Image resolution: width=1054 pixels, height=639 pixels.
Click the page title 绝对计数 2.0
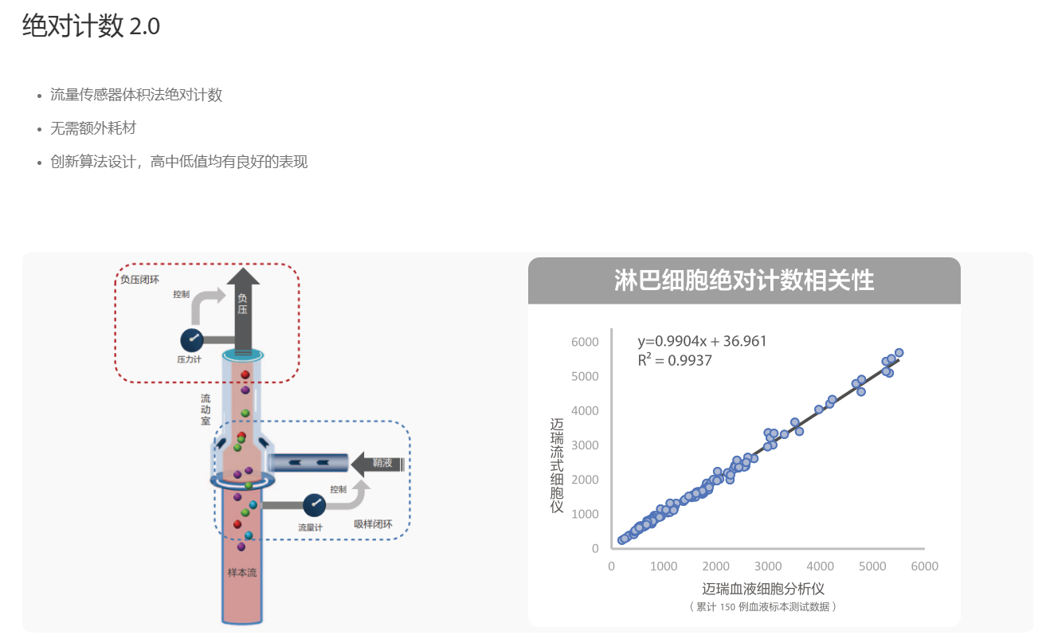91,25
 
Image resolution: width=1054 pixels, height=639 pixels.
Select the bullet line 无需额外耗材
93,128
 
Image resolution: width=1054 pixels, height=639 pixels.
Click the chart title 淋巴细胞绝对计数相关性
744,280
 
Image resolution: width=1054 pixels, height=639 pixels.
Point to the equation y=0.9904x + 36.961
702,341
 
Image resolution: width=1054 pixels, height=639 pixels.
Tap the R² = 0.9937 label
674,360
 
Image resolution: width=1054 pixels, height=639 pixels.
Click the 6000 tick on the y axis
585,342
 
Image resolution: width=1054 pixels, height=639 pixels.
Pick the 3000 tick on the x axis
768,566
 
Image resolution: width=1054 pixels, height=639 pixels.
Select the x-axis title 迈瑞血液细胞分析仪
762,589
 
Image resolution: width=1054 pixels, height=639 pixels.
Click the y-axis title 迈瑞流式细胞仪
557,465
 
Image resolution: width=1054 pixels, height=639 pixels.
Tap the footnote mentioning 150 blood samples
762,606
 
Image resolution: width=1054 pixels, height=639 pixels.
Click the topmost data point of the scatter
899,353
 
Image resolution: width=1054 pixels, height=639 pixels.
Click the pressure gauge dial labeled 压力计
192,340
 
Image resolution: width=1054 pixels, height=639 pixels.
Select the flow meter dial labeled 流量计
314,505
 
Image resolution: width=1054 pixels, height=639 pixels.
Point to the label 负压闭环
139,280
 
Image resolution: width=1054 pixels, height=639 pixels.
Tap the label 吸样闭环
373,523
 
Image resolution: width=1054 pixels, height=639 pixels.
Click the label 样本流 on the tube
242,573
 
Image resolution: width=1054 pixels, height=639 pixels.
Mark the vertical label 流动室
206,410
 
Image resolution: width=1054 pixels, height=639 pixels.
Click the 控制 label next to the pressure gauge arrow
181,294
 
